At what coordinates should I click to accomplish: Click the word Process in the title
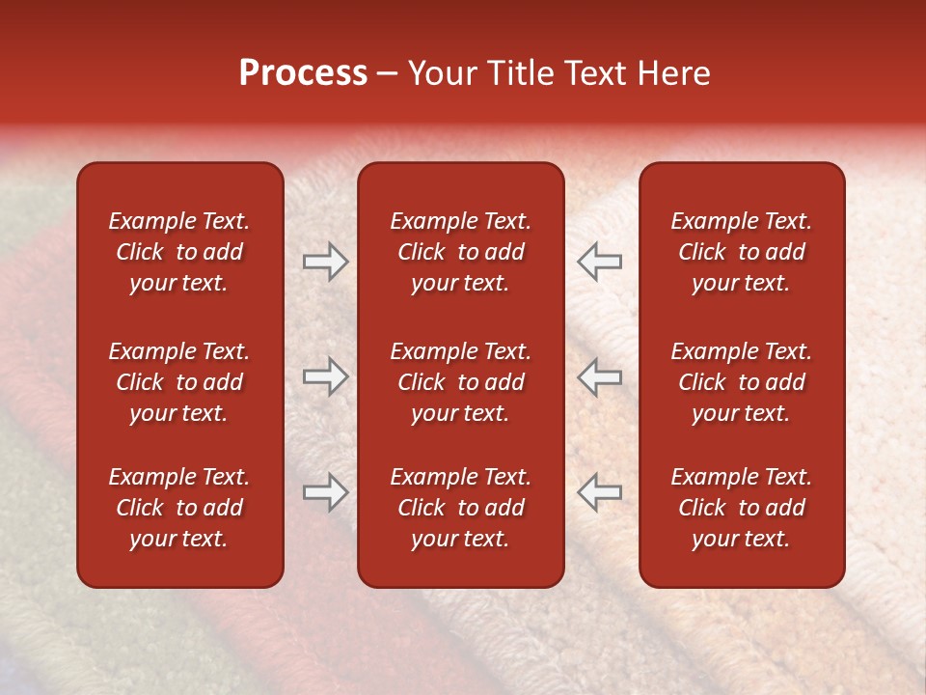pos(303,73)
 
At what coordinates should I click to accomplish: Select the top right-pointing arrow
pos(326,261)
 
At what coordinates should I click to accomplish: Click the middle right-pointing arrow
pos(326,376)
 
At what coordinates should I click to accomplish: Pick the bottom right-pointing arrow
pos(326,492)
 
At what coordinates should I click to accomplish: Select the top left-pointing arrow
pos(599,261)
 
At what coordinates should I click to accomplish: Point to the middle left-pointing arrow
pos(599,376)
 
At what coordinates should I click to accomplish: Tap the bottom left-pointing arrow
pos(599,492)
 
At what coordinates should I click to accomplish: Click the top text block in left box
pos(179,252)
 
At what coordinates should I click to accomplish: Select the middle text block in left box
pos(179,382)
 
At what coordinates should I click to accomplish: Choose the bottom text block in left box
pos(179,508)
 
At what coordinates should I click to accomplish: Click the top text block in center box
pos(460,252)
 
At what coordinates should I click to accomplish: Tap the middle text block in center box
pos(460,382)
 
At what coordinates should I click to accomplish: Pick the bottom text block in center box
pos(460,508)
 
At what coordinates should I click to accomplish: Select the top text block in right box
pos(741,252)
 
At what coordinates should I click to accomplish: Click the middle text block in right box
pos(741,382)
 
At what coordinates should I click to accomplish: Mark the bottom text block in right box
pos(741,508)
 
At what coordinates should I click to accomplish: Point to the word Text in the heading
pos(595,73)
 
